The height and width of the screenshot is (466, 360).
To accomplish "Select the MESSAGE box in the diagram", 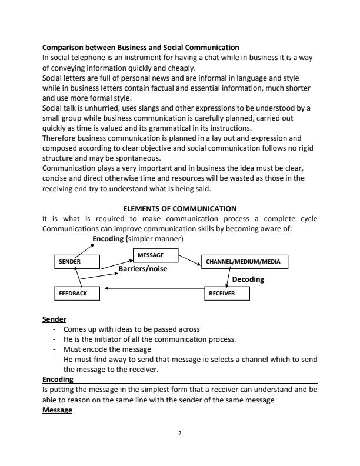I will pos(155,255).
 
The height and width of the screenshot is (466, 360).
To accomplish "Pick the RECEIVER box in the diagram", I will pos(228,293).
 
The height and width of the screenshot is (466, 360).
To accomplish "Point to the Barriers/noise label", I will pos(143,269).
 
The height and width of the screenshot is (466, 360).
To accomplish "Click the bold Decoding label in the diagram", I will pos(248,279).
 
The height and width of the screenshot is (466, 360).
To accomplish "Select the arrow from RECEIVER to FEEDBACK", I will pos(153,289).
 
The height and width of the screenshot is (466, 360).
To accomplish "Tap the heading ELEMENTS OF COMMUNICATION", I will pos(179,208).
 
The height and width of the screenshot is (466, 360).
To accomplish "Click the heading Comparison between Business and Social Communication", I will pos(141,46).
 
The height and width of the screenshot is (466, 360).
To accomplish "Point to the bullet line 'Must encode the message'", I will pos(101,349).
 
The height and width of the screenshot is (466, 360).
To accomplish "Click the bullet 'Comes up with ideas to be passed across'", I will pos(131,329).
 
